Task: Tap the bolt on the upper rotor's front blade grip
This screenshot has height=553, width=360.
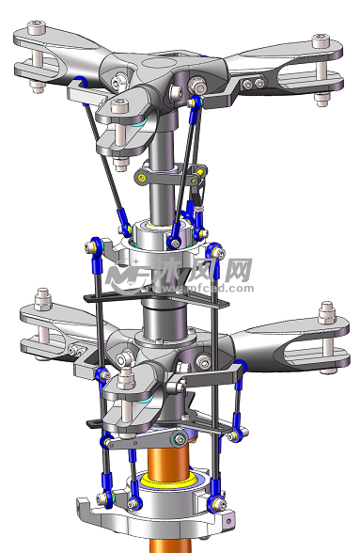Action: pos(119,106)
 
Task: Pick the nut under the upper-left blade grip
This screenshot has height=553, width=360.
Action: pos(39,87)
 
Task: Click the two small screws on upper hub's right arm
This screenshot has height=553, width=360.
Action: pos(253,84)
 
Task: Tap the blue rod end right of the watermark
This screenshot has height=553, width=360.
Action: pos(216,250)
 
